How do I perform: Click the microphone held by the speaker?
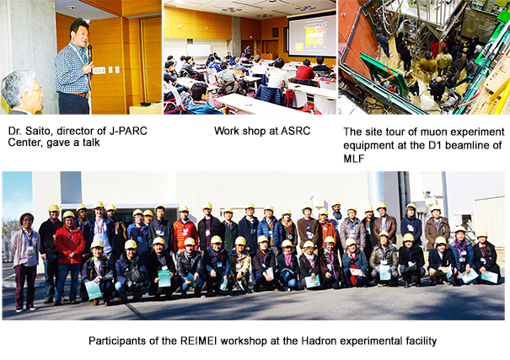point(89,53)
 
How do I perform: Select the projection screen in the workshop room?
point(312,35)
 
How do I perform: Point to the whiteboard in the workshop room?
point(199,51)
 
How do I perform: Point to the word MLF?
point(354,159)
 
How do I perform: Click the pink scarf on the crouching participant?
point(287,259)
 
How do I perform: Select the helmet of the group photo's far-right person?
point(482,234)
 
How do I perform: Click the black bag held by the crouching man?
point(133,274)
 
